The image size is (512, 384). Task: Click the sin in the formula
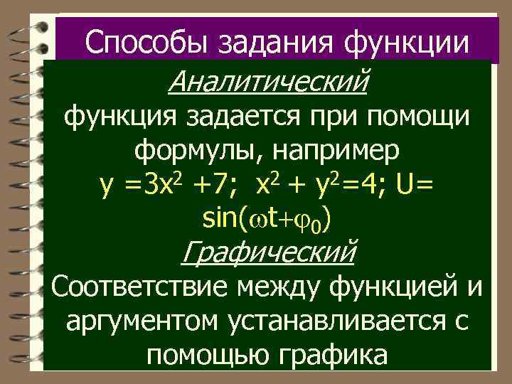(219, 218)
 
